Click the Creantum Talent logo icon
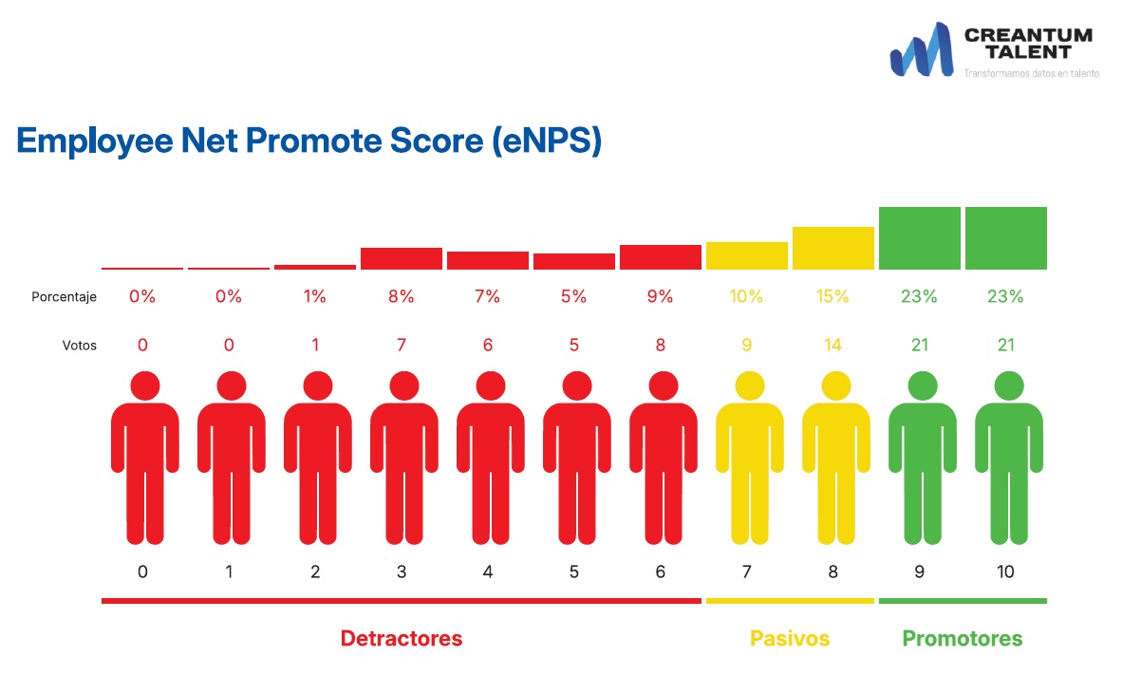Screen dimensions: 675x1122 click(921, 50)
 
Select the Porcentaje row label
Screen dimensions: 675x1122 click(64, 297)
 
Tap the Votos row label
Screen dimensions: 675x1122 click(80, 346)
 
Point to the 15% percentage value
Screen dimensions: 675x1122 click(832, 296)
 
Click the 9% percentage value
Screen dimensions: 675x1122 click(660, 296)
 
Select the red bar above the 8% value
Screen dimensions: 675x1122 click(402, 258)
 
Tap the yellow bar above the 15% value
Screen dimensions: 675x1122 click(832, 248)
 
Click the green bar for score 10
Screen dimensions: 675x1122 click(1005, 237)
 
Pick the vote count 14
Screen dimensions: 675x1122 click(832, 345)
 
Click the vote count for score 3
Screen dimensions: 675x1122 click(402, 345)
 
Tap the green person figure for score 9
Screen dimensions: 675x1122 click(920, 460)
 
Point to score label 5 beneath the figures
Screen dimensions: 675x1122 click(573, 572)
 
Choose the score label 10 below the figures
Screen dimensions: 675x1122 click(1005, 572)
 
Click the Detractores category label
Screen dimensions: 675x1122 click(402, 638)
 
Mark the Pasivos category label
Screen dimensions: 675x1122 click(790, 638)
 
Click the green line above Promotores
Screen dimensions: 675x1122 click(963, 601)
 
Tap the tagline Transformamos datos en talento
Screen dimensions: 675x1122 click(1031, 73)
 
